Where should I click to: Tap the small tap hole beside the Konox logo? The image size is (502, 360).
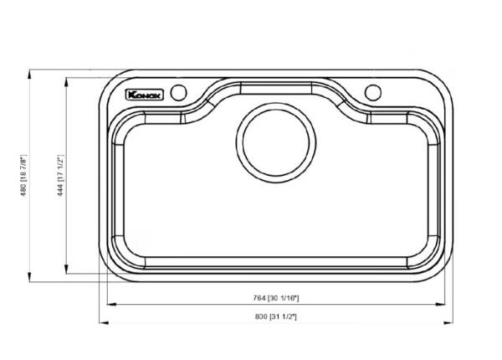pyautogui.click(x=177, y=92)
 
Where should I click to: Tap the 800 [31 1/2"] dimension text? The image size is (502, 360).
pyautogui.click(x=275, y=316)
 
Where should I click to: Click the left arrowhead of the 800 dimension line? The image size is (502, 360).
pyautogui.click(x=102, y=322)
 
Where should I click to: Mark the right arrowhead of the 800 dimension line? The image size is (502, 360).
pyautogui.click(x=449, y=322)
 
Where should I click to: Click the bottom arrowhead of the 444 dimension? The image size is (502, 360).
pyautogui.click(x=67, y=272)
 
